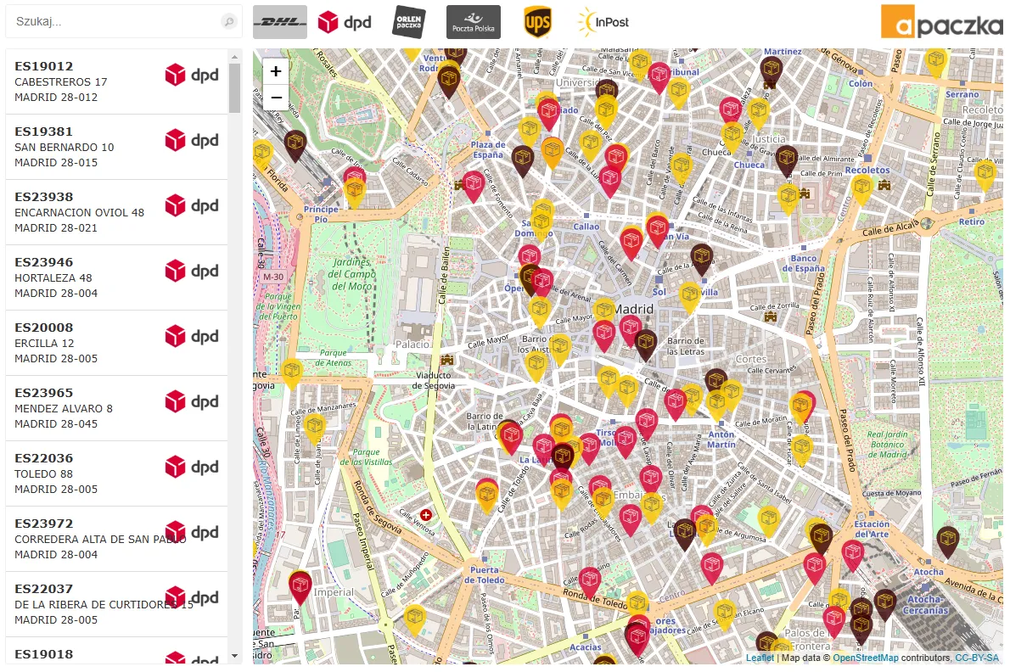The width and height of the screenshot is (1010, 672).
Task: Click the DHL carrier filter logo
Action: point(280,22)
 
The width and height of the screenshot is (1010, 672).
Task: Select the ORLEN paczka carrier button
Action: point(409,22)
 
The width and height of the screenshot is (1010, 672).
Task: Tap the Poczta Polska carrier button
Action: point(474,22)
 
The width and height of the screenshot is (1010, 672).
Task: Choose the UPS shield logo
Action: point(537,22)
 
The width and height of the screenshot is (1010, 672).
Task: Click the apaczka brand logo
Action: point(941,23)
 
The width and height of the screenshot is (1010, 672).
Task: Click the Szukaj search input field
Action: point(115,21)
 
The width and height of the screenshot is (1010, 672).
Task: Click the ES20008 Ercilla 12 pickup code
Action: point(44,328)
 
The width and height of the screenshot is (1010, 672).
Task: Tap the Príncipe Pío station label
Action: point(321,214)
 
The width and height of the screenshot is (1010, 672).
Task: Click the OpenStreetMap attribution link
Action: point(865,658)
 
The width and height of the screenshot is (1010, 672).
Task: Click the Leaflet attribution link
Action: point(760,658)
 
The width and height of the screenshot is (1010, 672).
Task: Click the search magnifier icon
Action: point(228,22)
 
